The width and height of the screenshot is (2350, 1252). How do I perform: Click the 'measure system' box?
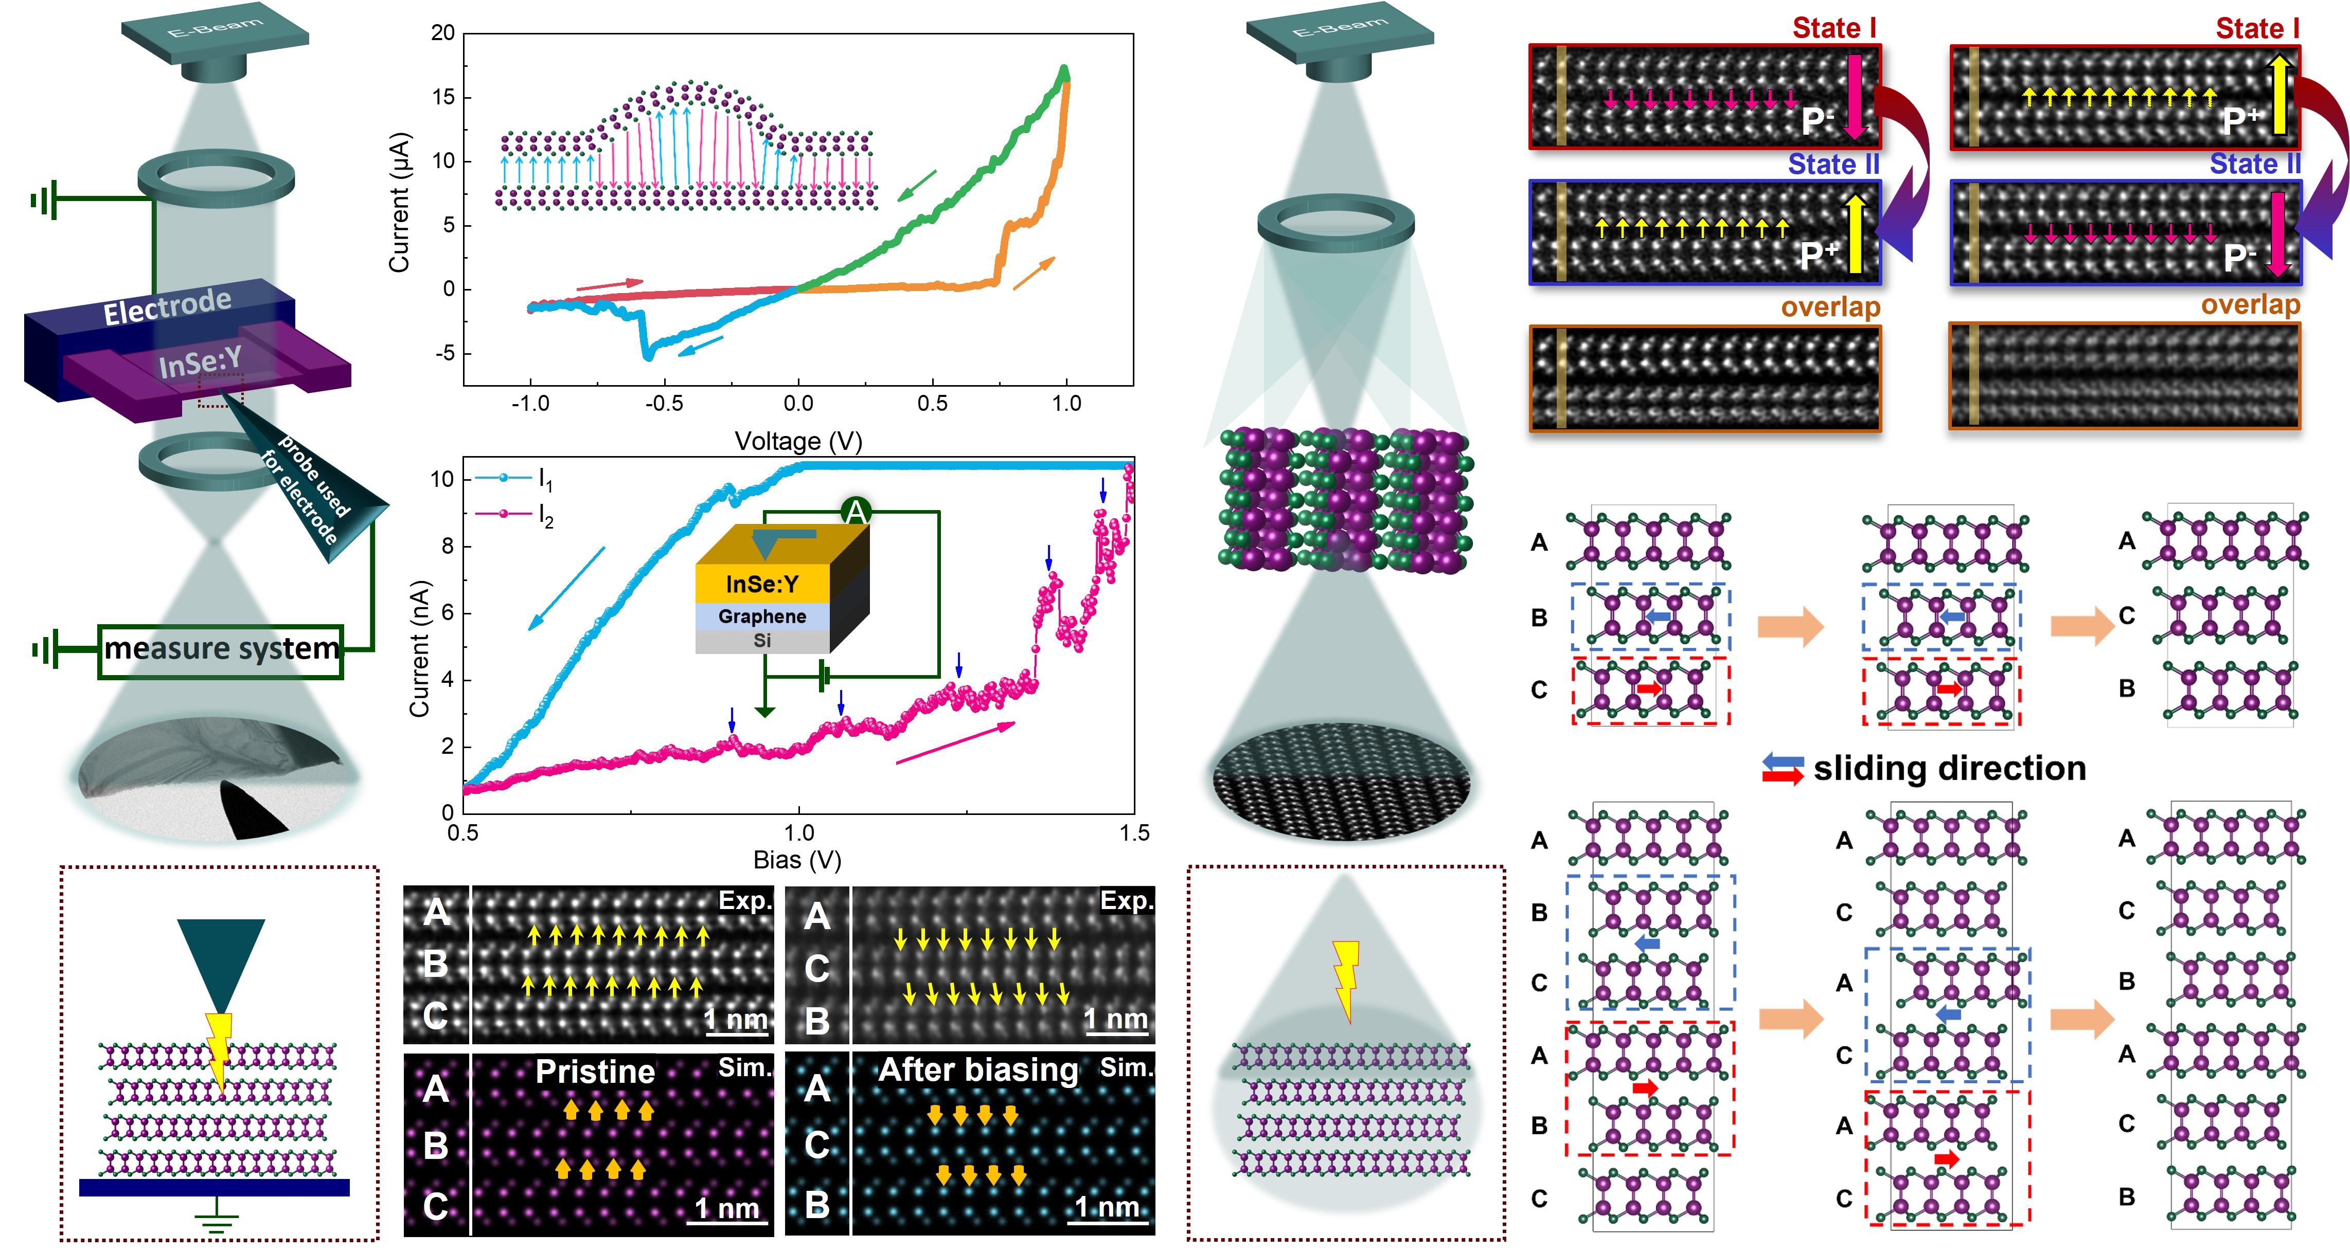click(221, 650)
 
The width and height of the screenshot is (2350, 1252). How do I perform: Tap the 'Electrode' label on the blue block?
click(167, 306)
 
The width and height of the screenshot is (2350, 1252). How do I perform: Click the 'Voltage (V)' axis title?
click(798, 441)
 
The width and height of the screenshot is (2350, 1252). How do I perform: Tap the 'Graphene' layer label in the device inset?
click(762, 616)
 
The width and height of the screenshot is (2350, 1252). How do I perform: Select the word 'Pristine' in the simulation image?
click(595, 1072)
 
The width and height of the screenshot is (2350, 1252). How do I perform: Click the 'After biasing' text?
click(978, 1069)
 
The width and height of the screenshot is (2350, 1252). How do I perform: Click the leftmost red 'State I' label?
click(1833, 28)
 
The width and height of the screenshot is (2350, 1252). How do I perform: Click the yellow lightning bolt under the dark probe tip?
click(219, 1049)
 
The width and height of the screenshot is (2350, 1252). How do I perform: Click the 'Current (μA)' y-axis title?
click(400, 203)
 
